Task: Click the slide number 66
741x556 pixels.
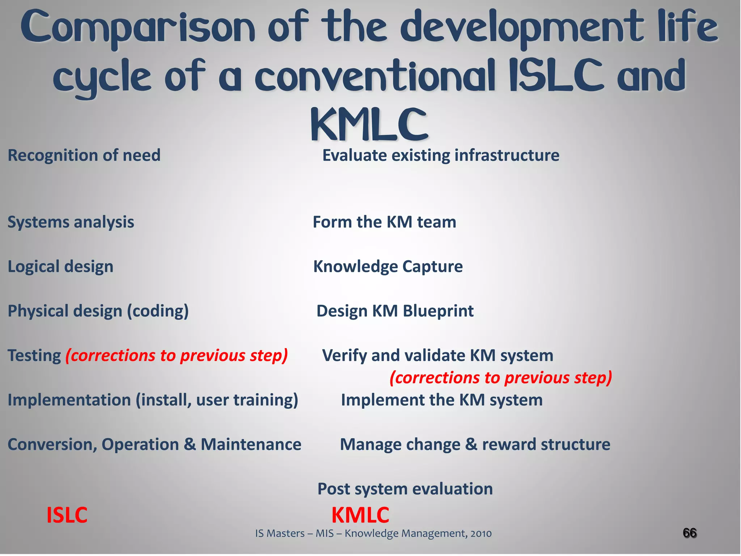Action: (x=690, y=533)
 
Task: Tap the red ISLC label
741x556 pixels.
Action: (x=67, y=515)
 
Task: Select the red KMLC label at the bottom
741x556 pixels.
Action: (x=360, y=515)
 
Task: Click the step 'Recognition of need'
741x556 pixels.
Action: (x=84, y=156)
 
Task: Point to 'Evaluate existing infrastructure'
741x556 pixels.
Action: (x=441, y=156)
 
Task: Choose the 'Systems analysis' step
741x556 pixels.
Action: (x=71, y=222)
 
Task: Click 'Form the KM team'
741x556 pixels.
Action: (x=384, y=222)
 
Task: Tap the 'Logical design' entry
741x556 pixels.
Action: (x=60, y=267)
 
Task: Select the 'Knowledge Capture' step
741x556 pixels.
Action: (x=388, y=267)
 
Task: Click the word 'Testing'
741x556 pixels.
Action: (x=34, y=356)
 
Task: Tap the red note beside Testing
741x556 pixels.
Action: (x=177, y=356)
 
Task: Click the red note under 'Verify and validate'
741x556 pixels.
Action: (x=501, y=378)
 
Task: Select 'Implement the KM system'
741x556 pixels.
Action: (x=442, y=400)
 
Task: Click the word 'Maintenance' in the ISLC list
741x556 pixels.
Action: (x=251, y=445)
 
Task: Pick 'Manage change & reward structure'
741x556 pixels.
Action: (x=475, y=445)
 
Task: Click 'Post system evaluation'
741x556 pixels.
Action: (x=405, y=489)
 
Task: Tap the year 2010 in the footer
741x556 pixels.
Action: (x=481, y=534)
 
